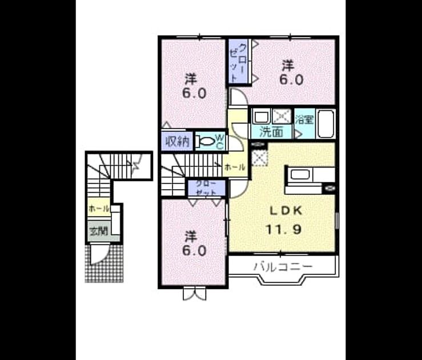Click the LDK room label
(286, 211)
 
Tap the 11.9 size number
(283, 230)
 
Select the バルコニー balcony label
(283, 266)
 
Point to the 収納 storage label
(177, 141)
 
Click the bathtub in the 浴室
(325, 124)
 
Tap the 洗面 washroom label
(271, 132)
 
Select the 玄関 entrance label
(99, 231)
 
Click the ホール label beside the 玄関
(98, 208)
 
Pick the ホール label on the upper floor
(235, 167)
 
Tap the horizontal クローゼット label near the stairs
(206, 188)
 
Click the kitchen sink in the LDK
(299, 174)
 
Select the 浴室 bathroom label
(305, 119)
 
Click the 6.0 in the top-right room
(291, 79)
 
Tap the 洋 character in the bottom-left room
(191, 237)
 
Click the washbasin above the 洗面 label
(262, 117)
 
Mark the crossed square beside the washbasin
(282, 117)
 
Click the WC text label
(220, 142)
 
